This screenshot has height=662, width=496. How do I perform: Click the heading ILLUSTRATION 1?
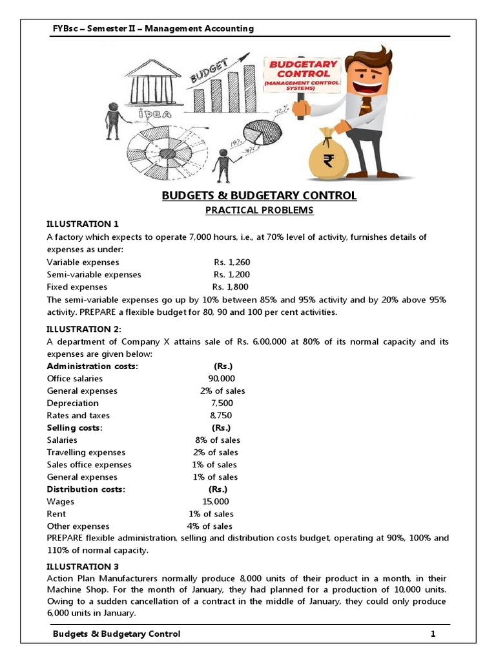pos(83,224)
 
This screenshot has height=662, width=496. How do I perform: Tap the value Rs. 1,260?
pos(232,262)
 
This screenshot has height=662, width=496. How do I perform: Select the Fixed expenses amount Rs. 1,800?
pos(231,286)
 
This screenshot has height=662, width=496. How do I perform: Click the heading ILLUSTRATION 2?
pos(84,329)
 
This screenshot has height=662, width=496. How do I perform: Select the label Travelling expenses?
pos(86,452)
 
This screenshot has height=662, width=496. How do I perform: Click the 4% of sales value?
pos(210,526)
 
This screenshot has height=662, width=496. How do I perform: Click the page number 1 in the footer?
pos(433,634)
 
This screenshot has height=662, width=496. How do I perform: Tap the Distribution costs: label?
pos(86,489)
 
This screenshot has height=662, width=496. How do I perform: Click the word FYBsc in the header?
pos(65,28)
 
